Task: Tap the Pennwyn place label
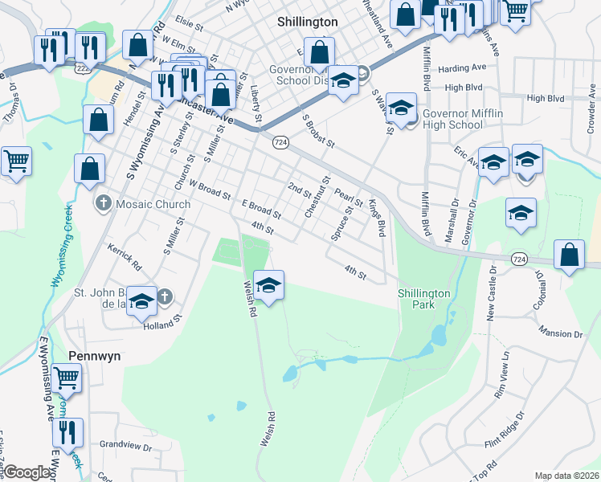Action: coord(95,353)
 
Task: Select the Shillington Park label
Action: coord(427,299)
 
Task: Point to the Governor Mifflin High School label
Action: coord(462,119)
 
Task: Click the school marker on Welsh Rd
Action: coord(269,284)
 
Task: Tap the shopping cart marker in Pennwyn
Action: coord(67,377)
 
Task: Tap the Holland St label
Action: coord(158,326)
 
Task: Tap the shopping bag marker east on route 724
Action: coord(569,255)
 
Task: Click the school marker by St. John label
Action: coord(141,300)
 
